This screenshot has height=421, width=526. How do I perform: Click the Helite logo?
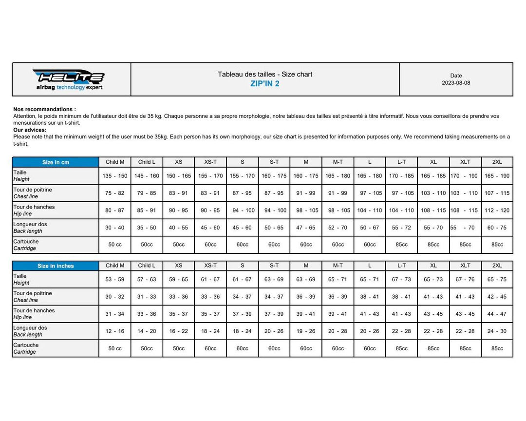(x=69, y=79)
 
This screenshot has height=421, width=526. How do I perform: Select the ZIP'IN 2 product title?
(x=265, y=83)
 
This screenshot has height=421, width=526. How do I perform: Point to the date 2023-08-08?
(x=456, y=83)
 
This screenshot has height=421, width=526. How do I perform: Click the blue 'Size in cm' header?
(x=55, y=162)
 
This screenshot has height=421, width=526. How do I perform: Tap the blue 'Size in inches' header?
(x=56, y=266)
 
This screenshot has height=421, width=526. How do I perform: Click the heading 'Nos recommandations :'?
(x=45, y=110)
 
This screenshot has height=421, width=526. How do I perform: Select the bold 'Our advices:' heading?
(x=30, y=130)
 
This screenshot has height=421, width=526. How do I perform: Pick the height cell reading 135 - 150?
(x=115, y=176)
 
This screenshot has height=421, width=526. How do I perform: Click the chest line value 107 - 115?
(x=497, y=193)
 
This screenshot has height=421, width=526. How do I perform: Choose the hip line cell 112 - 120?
(x=497, y=210)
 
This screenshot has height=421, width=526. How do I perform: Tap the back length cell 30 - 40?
(x=115, y=228)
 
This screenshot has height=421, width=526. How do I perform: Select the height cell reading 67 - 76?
(x=465, y=280)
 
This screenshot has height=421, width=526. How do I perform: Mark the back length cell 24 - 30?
(x=497, y=331)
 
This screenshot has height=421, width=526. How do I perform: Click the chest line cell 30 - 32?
(x=115, y=297)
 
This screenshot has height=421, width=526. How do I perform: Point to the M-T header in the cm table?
(x=338, y=162)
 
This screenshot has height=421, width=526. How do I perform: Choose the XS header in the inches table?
(x=179, y=266)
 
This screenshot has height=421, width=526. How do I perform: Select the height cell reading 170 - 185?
(x=402, y=176)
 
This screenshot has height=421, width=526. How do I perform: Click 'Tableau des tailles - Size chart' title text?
(x=265, y=74)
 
